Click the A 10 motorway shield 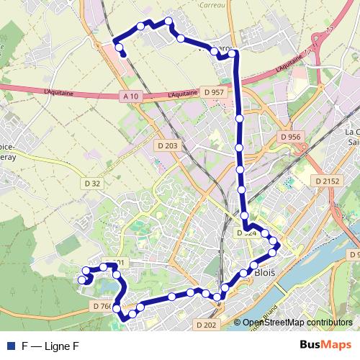[130, 96]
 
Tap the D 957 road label [214, 92]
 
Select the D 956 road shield [290, 137]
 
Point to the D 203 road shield [167, 145]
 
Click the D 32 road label [91, 184]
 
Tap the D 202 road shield [206, 325]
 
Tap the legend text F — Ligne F [50, 346]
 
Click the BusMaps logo [325, 345]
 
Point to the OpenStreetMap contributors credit [297, 323]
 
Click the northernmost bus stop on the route [168, 21]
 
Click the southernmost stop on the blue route [124, 318]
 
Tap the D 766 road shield [102, 306]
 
